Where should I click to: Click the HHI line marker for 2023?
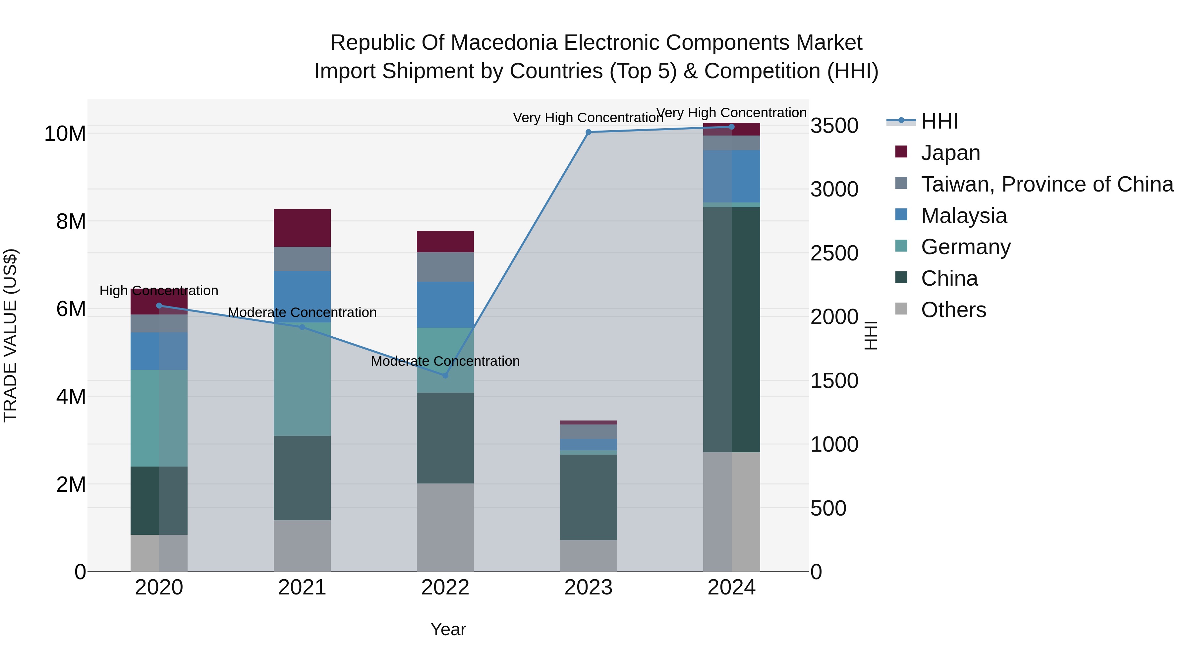pos(588,132)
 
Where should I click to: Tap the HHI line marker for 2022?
pos(445,375)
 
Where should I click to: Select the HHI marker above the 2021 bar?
pos(302,327)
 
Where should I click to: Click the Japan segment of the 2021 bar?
pos(302,228)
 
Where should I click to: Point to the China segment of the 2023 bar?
pos(588,497)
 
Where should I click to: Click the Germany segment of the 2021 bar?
pos(302,379)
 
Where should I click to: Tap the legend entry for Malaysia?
pos(963,216)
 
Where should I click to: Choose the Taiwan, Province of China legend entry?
pos(1047,184)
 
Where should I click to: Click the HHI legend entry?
pos(939,121)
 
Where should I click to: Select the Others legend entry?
pos(953,310)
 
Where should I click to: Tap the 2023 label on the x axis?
pos(588,587)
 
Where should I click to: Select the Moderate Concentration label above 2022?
pos(445,361)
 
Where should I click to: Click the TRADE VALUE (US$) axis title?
pos(10,335)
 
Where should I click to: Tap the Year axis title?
pos(448,629)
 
